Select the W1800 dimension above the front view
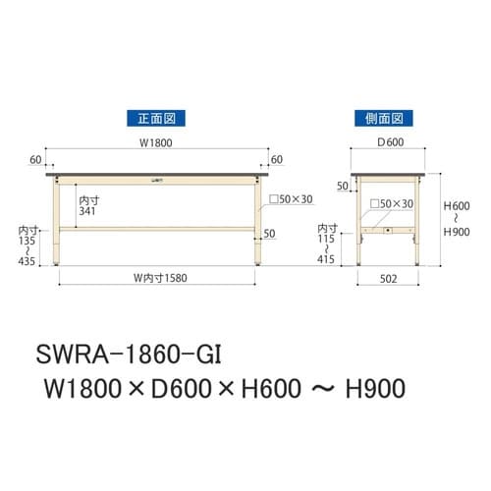tap(158, 142)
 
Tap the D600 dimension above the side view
tap(386, 142)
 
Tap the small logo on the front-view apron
tap(158, 180)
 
